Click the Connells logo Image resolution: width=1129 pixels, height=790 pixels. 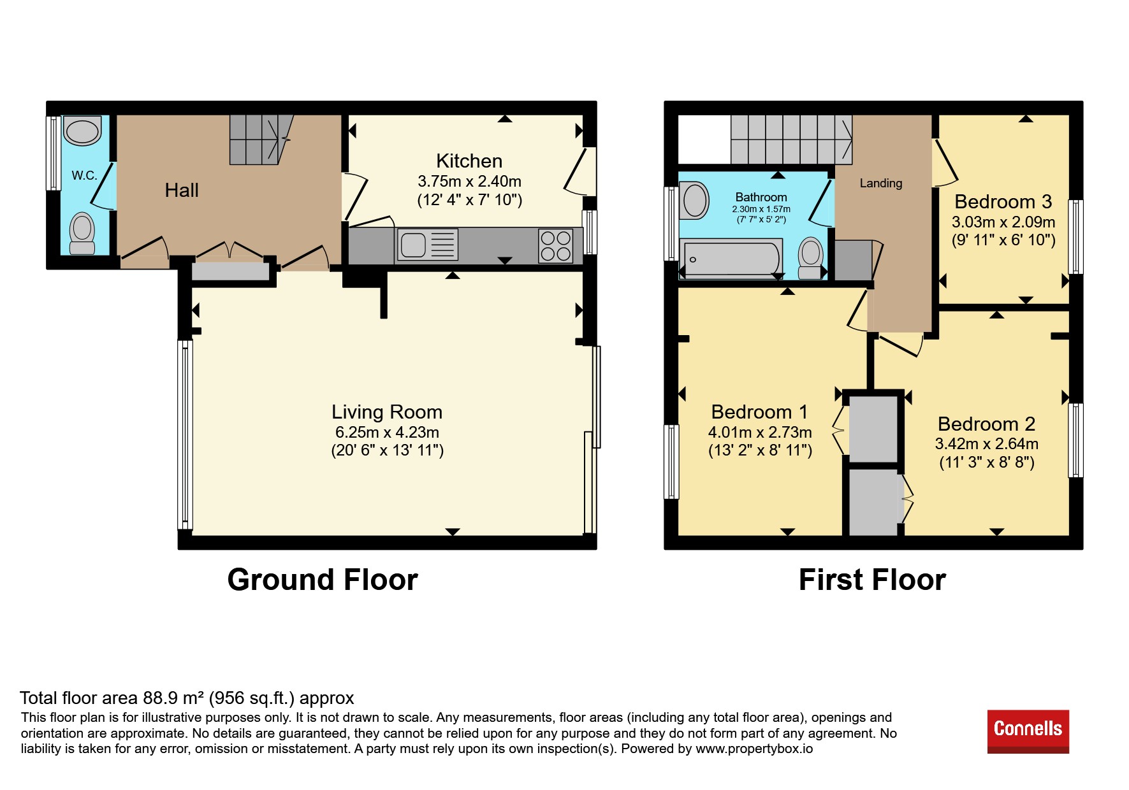[x=1028, y=731]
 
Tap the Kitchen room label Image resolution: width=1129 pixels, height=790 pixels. [x=469, y=161]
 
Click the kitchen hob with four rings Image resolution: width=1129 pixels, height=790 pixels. [x=555, y=246]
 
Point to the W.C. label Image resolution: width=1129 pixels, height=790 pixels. [x=84, y=175]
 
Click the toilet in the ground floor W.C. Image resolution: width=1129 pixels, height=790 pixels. [x=82, y=234]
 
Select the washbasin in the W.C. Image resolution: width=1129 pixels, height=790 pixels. [x=83, y=131]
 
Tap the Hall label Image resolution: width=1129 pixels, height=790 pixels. [x=182, y=190]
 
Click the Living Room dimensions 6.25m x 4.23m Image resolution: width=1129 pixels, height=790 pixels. [x=387, y=433]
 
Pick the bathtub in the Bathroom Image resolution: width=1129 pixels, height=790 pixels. [x=731, y=259]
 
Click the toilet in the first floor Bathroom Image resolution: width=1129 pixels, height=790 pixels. [x=811, y=258]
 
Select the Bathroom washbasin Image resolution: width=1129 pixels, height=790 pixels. [x=695, y=200]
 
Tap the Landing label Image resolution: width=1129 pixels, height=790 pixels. [x=881, y=183]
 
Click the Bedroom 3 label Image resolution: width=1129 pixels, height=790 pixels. [x=1003, y=202]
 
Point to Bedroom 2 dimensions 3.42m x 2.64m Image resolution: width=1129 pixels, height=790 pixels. [x=986, y=444]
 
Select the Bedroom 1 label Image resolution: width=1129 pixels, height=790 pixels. [x=759, y=412]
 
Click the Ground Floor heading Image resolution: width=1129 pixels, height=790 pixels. [x=323, y=580]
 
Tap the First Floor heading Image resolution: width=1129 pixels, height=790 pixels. [x=872, y=580]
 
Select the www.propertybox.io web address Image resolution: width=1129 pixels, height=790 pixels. [x=754, y=749]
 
